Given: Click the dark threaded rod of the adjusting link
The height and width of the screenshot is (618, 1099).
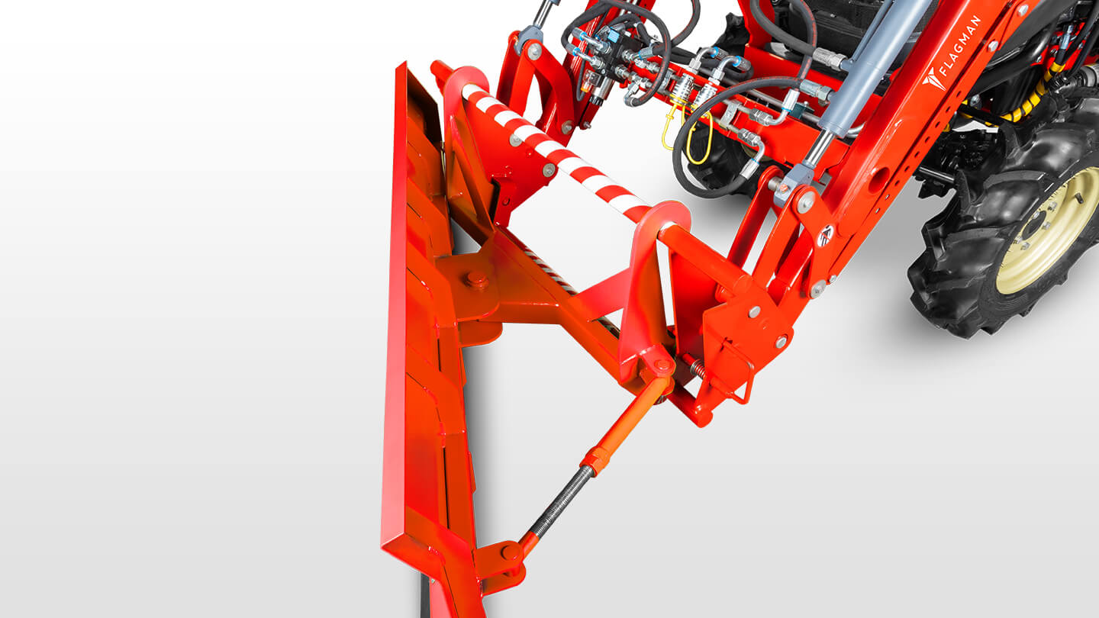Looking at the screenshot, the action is click(x=559, y=502).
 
